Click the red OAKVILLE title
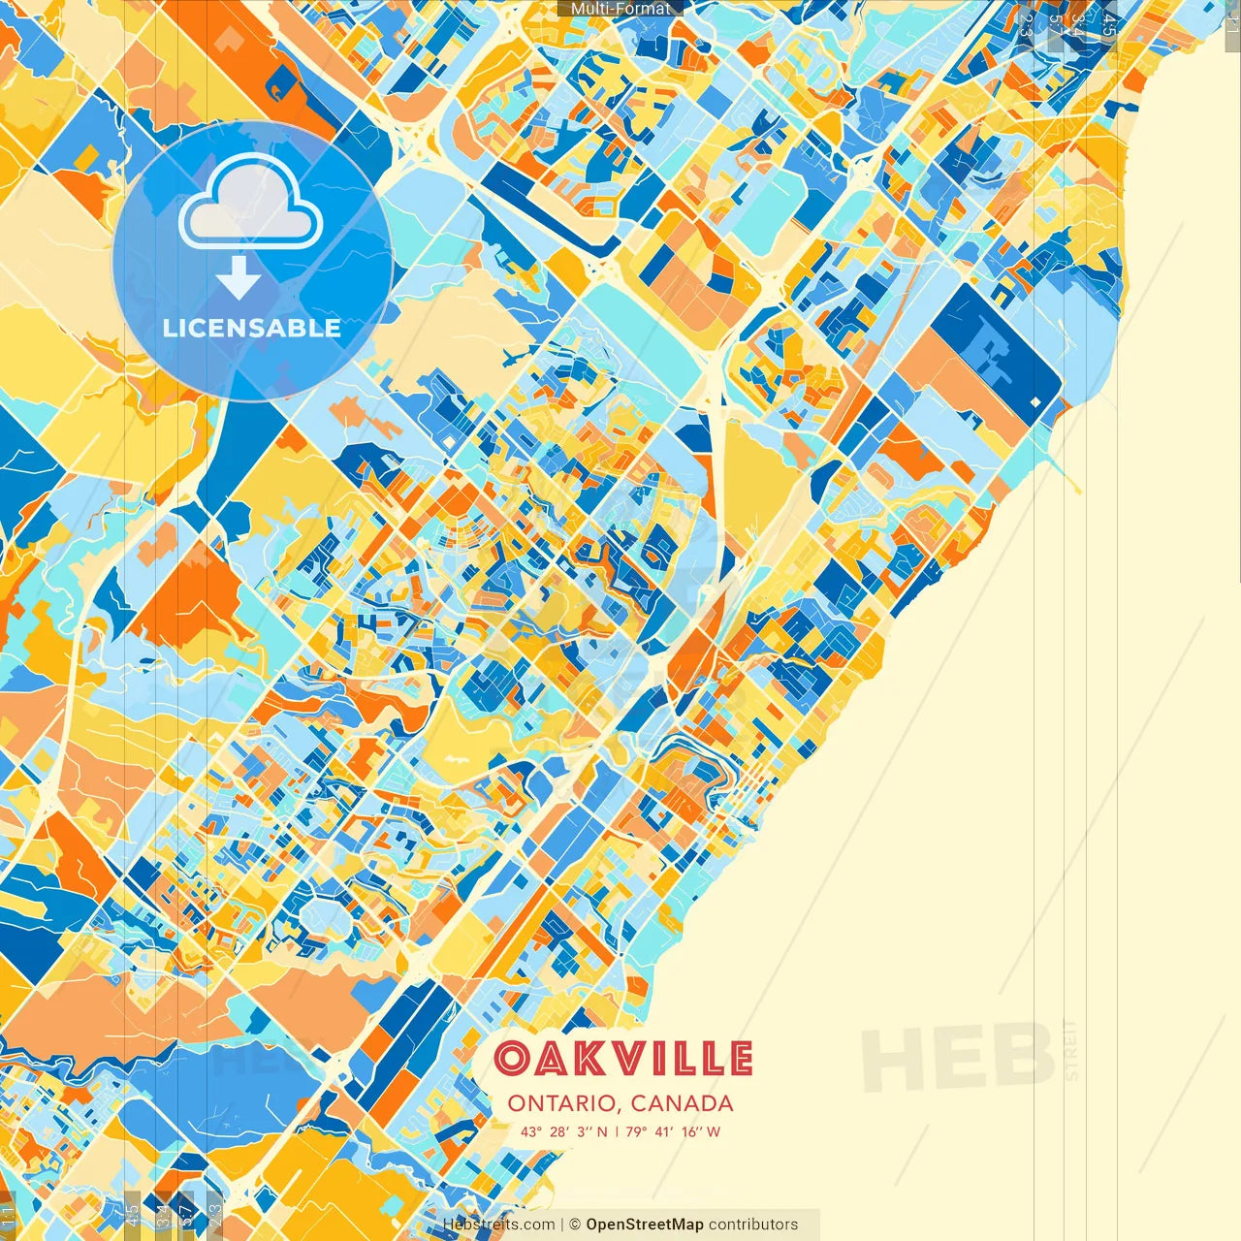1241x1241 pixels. click(622, 1059)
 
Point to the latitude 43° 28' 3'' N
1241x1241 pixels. click(563, 1131)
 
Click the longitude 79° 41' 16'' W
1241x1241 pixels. click(673, 1131)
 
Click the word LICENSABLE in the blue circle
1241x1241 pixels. click(252, 328)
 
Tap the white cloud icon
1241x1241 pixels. click(251, 203)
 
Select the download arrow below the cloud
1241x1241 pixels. click(239, 276)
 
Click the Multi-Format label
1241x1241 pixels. click(620, 9)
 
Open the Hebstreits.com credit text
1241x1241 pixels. click(498, 1225)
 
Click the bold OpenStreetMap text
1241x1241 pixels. click(645, 1225)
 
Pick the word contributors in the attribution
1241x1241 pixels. click(753, 1225)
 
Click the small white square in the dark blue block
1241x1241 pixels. click(1035, 401)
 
